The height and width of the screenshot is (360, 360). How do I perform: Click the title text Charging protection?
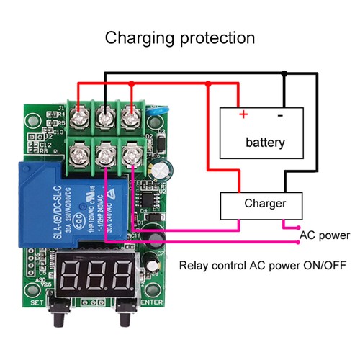[180, 37]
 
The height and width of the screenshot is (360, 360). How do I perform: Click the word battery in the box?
[265, 142]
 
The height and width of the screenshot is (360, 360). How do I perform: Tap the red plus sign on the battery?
[243, 114]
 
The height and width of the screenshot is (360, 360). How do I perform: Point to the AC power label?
[324, 235]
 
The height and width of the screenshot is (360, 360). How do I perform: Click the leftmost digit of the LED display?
[72, 274]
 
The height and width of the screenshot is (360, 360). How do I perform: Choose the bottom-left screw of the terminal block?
[80, 152]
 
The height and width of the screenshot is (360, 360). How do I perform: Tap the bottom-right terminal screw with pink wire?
[130, 152]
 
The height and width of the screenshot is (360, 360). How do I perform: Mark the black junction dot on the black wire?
[285, 73]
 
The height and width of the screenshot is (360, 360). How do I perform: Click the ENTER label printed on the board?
[152, 302]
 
